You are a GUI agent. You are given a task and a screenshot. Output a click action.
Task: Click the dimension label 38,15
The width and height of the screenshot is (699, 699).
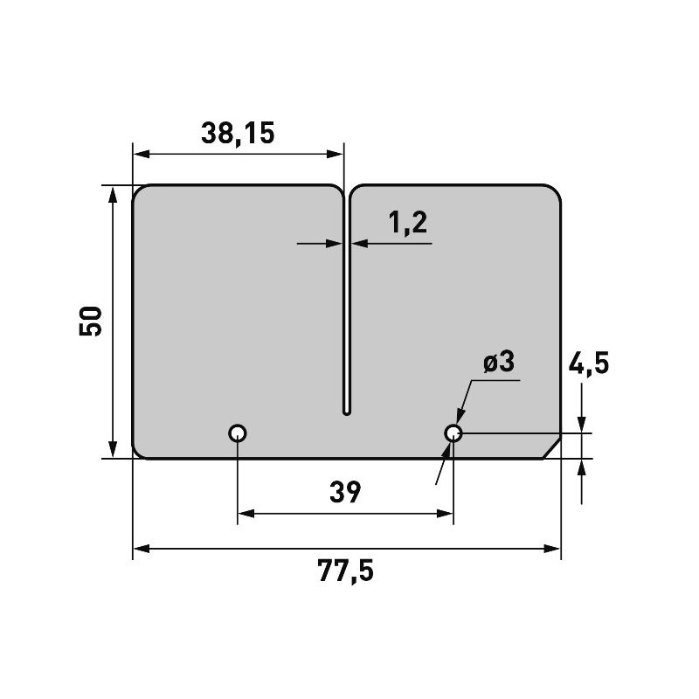pyautogui.click(x=238, y=133)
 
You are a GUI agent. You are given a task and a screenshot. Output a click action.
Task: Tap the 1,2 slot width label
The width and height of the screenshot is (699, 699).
pyautogui.click(x=407, y=224)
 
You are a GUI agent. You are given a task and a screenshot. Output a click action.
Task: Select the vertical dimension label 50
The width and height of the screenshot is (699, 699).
pyautogui.click(x=91, y=321)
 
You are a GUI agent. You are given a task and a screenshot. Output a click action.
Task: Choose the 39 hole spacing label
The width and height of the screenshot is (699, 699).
pyautogui.click(x=346, y=493)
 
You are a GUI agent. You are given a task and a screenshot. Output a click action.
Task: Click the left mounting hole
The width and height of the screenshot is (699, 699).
pyautogui.click(x=238, y=433)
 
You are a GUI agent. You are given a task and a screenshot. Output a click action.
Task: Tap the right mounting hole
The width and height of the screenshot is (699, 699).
pyautogui.click(x=453, y=433)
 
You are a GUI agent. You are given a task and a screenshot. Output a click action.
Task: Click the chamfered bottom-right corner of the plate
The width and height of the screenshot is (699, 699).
pyautogui.click(x=550, y=446)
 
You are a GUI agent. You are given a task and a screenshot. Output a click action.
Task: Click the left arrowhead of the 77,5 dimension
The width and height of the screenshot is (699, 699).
pyautogui.click(x=140, y=549)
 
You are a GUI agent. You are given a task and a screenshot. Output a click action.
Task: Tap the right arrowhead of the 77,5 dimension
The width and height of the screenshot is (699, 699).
pyautogui.click(x=553, y=549)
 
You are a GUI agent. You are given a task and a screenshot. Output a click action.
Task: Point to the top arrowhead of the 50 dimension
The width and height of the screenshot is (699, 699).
pyautogui.click(x=113, y=193)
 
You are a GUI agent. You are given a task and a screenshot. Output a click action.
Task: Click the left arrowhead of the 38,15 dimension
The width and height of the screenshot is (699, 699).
pyautogui.click(x=140, y=154)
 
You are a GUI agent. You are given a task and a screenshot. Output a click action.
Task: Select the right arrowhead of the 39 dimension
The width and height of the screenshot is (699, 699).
pyautogui.click(x=446, y=514)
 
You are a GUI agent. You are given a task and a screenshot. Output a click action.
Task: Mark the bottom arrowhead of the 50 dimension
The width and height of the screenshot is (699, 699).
pyautogui.click(x=113, y=450)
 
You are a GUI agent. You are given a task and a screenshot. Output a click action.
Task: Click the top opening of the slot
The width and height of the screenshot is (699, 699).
pyautogui.click(x=346, y=188)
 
